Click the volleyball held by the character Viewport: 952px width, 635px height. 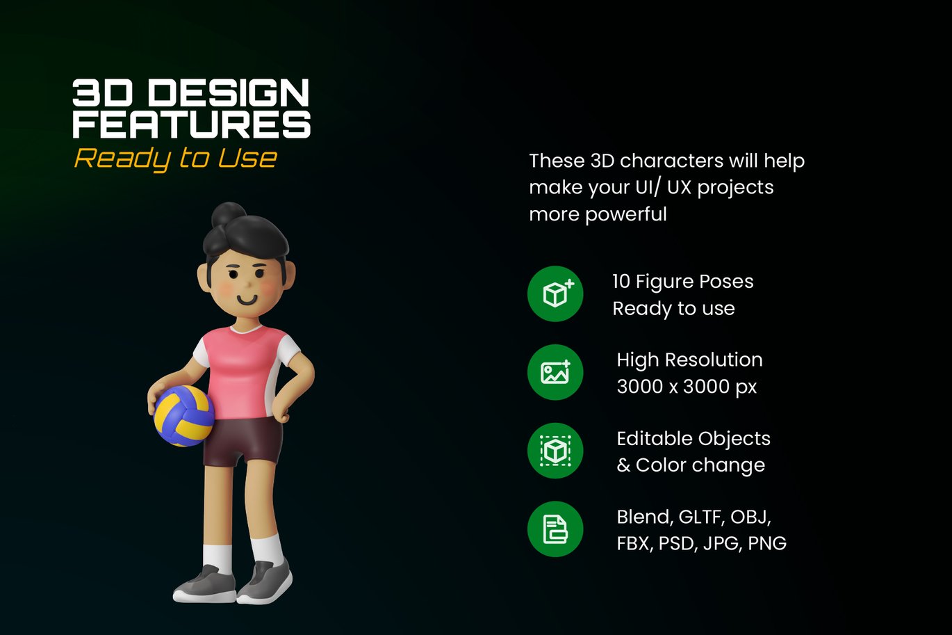click(184, 416)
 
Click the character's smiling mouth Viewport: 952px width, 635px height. click(247, 300)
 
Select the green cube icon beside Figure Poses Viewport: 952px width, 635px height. click(555, 294)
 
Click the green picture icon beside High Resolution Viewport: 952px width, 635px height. click(555, 372)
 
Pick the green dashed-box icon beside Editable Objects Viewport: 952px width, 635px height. click(555, 451)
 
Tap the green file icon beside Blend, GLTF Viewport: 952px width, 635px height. click(555, 529)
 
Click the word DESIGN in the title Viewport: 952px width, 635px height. click(229, 93)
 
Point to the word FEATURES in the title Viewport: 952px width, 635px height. click(192, 124)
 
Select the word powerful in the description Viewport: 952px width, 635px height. click(626, 215)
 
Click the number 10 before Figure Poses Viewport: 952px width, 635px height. click(621, 282)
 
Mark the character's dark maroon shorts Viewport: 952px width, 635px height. click(243, 442)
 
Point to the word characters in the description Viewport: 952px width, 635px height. click(671, 161)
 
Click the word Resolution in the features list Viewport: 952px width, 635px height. click(714, 360)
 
